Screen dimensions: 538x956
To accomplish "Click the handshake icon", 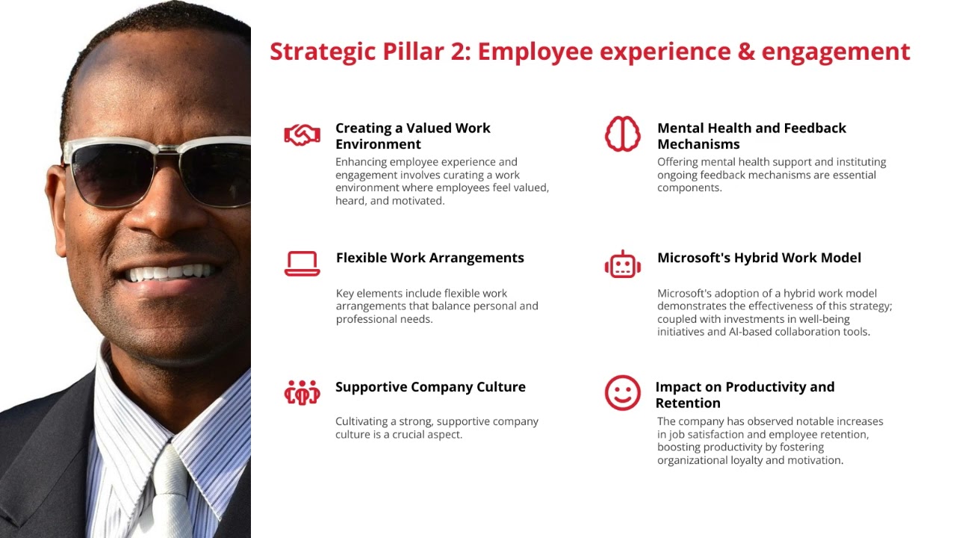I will (x=302, y=135).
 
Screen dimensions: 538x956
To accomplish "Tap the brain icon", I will (x=622, y=134).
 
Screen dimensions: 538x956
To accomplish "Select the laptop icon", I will (x=302, y=264).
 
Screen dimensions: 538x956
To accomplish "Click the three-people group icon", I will (x=302, y=392).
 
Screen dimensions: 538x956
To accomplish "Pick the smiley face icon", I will (x=622, y=393).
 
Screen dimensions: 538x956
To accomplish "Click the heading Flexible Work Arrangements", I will (x=429, y=258).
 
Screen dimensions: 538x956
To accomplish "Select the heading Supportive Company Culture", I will (x=430, y=387).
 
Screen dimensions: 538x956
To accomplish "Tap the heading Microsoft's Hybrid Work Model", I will (x=759, y=258).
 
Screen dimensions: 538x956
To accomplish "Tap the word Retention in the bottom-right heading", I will (x=688, y=403).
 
